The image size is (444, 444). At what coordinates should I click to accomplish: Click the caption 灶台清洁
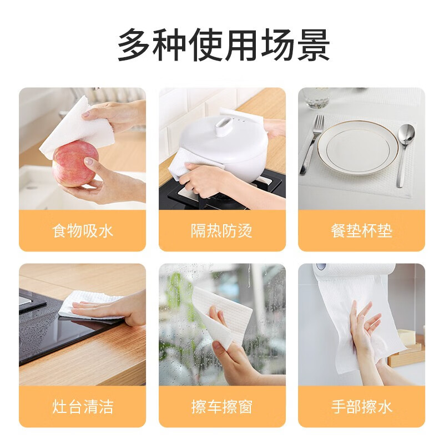click(x=82, y=407)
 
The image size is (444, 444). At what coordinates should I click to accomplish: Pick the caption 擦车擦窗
click(x=222, y=407)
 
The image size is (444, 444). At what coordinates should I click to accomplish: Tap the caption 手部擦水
click(x=361, y=407)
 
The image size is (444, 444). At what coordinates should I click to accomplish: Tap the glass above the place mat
click(x=317, y=98)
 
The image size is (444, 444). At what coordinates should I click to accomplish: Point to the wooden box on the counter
click(x=408, y=352)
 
